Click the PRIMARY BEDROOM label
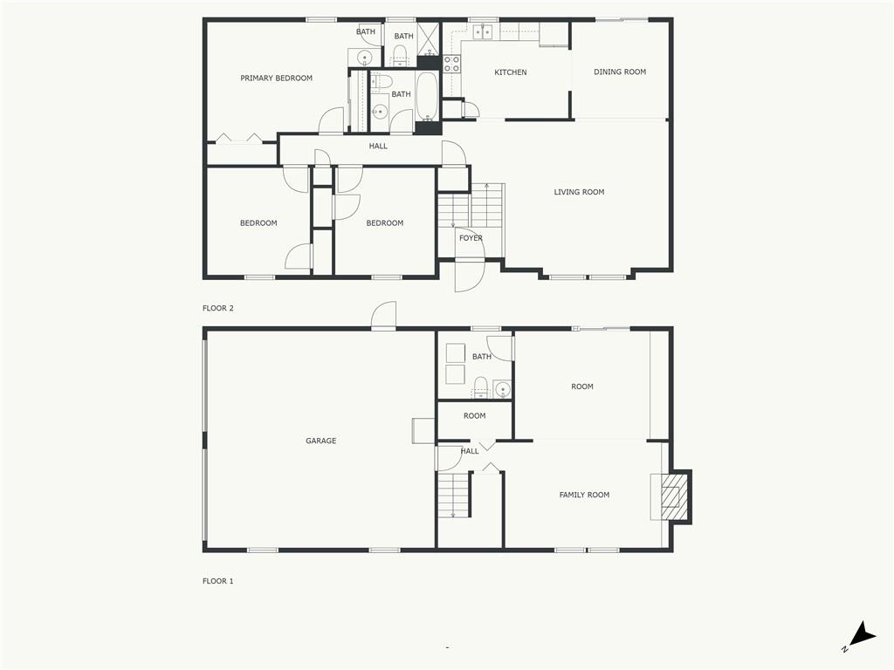(x=276, y=79)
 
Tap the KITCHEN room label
(x=511, y=72)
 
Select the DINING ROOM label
(x=620, y=72)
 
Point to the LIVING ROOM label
(x=579, y=192)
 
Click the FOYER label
(x=471, y=238)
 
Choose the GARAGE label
(x=320, y=441)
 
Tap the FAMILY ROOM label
(x=584, y=495)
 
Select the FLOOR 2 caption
(x=218, y=308)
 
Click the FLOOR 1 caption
(x=218, y=581)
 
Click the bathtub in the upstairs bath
(x=427, y=96)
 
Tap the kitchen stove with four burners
(x=452, y=64)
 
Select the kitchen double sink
(x=482, y=32)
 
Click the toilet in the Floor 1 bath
(x=479, y=386)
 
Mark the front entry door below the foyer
(x=470, y=275)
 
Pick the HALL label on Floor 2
(x=378, y=147)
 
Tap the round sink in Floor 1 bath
(x=502, y=389)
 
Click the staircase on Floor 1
(x=453, y=496)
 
